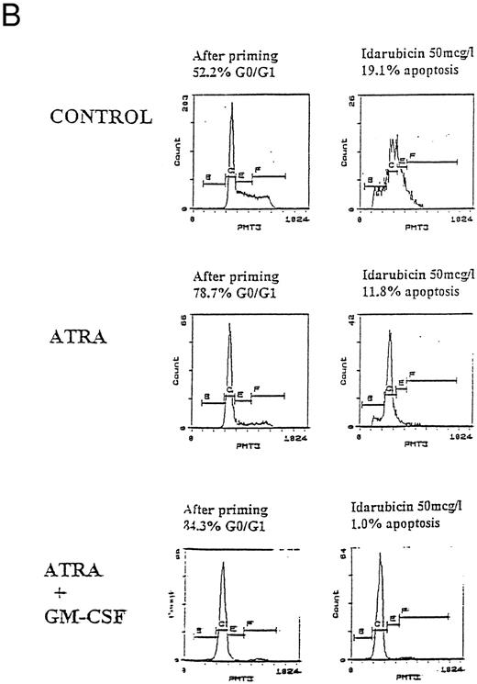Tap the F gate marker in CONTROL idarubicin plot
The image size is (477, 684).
(x=414, y=156)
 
